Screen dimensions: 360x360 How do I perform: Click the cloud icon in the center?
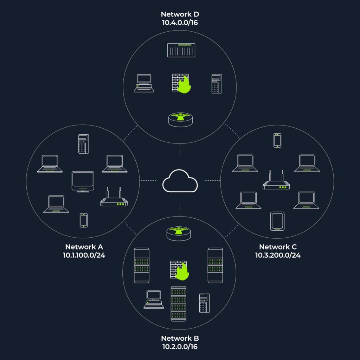click(x=180, y=181)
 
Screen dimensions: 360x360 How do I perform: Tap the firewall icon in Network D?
click(x=181, y=83)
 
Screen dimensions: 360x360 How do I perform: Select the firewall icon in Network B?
click(x=180, y=270)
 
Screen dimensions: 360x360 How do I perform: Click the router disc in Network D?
click(x=180, y=120)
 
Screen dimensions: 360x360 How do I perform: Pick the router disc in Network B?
click(x=179, y=234)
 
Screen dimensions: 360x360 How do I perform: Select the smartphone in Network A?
click(x=84, y=220)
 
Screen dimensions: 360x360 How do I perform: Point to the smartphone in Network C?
click(x=277, y=140)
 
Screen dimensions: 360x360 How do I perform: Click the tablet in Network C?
click(x=277, y=221)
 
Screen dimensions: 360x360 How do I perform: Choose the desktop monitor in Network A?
click(x=83, y=182)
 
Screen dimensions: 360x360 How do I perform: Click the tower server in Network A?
click(x=84, y=144)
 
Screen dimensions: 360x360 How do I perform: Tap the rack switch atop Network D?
click(x=181, y=50)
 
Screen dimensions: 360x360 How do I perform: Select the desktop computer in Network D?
click(x=144, y=83)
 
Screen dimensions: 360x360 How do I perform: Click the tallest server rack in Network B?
click(x=178, y=303)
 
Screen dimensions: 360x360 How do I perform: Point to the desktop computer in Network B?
click(x=154, y=300)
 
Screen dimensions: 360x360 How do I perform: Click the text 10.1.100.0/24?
click(x=84, y=255)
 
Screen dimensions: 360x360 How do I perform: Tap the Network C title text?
click(x=278, y=247)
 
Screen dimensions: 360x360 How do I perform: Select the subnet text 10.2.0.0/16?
click(x=180, y=346)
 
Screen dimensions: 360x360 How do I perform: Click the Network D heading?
click(x=180, y=14)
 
